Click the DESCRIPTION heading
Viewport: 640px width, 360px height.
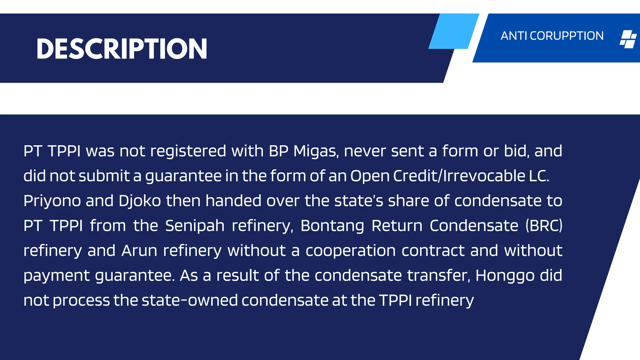point(122,49)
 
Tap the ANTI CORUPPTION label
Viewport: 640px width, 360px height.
point(552,36)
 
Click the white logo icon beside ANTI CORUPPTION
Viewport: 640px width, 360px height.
point(628,39)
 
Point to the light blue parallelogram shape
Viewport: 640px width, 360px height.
point(453,31)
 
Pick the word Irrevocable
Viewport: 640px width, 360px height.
point(484,176)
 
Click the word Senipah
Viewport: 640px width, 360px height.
point(195,226)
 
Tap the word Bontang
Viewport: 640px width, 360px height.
point(332,226)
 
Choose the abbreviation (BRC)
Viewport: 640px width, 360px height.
point(544,226)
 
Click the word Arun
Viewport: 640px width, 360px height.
point(139,251)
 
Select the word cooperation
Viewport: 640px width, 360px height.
point(351,251)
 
